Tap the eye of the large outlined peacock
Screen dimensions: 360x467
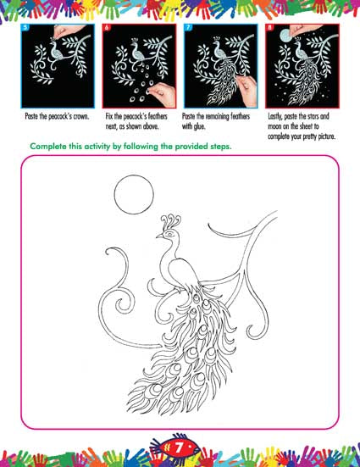(x=170, y=235)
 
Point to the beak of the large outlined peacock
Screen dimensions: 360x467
(x=159, y=236)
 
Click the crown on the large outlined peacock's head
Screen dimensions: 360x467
(x=170, y=221)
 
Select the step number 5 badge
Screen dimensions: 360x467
(x=25, y=28)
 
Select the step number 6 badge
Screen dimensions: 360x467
(x=107, y=28)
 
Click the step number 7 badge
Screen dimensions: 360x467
(x=188, y=28)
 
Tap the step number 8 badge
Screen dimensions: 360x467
(x=269, y=28)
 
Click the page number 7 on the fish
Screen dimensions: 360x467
(x=179, y=448)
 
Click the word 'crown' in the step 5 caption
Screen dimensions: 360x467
(x=80, y=116)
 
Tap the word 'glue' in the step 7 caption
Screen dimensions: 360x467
(x=198, y=126)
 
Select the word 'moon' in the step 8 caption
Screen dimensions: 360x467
(x=274, y=126)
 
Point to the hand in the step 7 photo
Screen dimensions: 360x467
(x=246, y=89)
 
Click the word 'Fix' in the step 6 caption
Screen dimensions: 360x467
(x=109, y=116)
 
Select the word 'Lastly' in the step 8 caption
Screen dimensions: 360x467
(x=275, y=116)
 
